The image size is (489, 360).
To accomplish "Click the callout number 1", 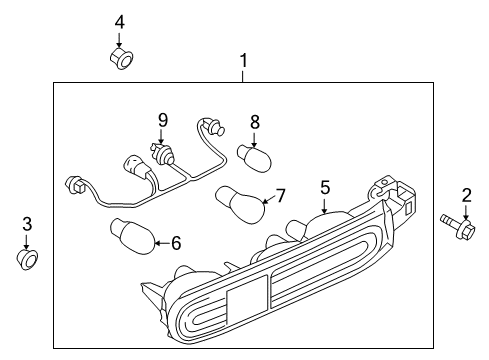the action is click(x=244, y=61).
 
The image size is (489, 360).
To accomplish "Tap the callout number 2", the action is click(x=466, y=196).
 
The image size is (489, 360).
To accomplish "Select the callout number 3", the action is click(x=27, y=224).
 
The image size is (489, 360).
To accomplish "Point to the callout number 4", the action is click(x=119, y=23).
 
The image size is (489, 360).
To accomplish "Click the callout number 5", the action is click(x=325, y=188).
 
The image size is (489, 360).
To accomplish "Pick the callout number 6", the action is click(x=176, y=243).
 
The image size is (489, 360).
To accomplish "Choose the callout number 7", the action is click(x=281, y=196).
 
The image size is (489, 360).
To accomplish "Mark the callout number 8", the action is click(x=255, y=122).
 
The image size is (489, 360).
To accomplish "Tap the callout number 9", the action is click(x=163, y=120).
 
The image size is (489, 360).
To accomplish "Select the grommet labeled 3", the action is click(x=27, y=259).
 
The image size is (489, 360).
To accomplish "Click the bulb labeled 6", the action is click(x=133, y=236).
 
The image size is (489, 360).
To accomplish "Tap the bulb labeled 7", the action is click(x=241, y=205).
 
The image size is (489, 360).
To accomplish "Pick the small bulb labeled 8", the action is click(x=254, y=158).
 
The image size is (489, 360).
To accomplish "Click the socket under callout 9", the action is click(x=162, y=154).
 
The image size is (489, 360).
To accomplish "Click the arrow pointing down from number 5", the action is click(x=324, y=205).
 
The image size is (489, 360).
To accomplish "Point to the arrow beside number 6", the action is click(x=162, y=243).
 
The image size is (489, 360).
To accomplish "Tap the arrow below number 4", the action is click(x=119, y=40).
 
